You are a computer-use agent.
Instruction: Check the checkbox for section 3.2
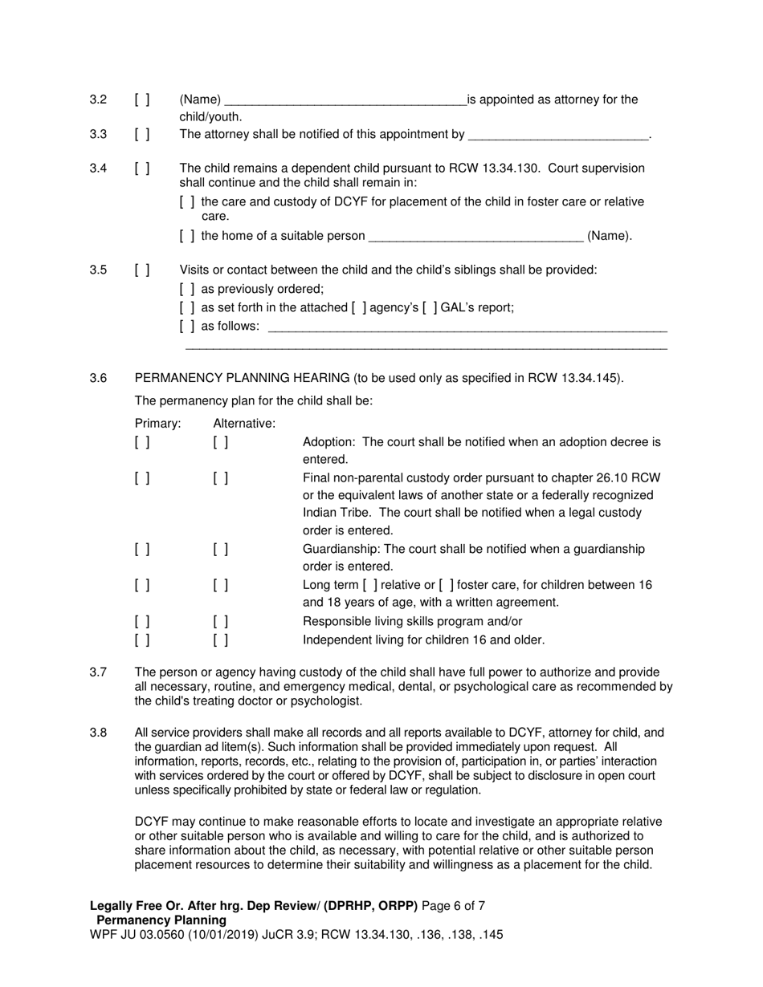(x=141, y=100)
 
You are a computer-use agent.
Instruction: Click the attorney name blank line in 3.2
(x=345, y=100)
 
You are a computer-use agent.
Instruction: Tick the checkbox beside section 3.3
(x=141, y=135)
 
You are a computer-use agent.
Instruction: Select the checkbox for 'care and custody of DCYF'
(x=187, y=202)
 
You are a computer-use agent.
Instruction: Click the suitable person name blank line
(x=475, y=237)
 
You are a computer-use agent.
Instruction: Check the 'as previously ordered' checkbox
(x=187, y=289)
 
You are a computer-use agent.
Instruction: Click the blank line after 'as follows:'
(x=467, y=327)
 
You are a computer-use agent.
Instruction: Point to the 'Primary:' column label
(x=157, y=423)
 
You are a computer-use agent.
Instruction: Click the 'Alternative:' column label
(x=244, y=423)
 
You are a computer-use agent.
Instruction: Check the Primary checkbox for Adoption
(x=141, y=442)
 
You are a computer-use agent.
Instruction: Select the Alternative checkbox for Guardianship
(x=221, y=550)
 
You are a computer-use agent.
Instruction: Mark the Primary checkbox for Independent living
(x=141, y=640)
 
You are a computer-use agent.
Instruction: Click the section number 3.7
(x=98, y=672)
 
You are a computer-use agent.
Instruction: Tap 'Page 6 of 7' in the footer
(x=453, y=906)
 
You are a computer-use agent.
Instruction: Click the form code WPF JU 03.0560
(x=137, y=934)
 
